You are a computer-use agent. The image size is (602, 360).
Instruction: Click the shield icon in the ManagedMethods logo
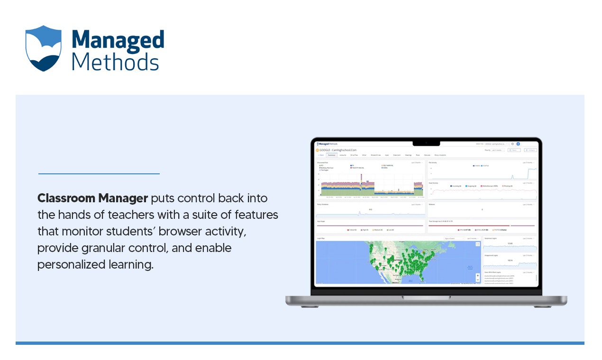pos(44,48)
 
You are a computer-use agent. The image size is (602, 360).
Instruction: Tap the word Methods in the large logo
pos(115,62)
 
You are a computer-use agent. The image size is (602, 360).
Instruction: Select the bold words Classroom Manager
pos(92,198)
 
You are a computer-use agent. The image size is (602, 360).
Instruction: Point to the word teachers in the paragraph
pos(126,215)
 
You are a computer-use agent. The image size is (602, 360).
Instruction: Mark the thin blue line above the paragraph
pos(99,174)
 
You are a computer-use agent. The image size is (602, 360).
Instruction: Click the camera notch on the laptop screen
pos(426,143)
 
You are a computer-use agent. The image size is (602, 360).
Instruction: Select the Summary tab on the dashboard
pos(331,155)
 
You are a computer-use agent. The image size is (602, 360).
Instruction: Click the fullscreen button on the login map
pos(478,244)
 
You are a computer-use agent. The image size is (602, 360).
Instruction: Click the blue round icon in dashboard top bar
pos(518,144)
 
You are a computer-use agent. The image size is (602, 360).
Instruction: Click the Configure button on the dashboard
pos(530,150)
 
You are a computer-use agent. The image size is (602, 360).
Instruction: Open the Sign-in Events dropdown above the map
pos(453,238)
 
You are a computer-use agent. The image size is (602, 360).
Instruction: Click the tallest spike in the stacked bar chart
pos(361,178)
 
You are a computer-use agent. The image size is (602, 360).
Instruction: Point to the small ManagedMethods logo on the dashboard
pos(327,144)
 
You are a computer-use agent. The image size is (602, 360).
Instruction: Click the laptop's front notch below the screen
pos(426,297)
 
